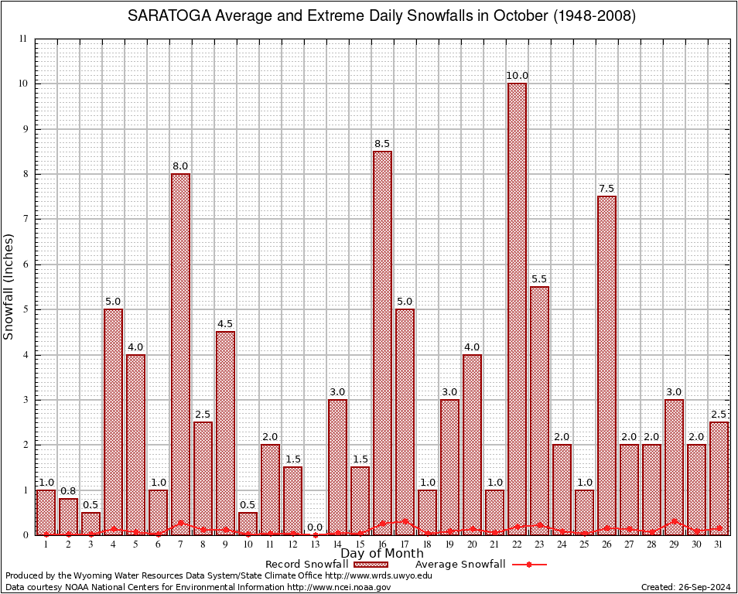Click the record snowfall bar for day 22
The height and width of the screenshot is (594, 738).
tap(517, 309)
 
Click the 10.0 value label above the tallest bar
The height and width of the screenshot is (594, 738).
tap(517, 76)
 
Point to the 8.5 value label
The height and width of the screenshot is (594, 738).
tap(382, 144)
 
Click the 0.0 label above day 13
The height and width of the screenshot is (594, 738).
tap(315, 527)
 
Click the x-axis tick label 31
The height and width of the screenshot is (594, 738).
tap(719, 544)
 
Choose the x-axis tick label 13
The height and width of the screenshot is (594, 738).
tap(315, 544)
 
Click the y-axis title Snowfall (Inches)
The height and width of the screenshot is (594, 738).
tap(9, 286)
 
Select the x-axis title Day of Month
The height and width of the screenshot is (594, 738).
tap(382, 554)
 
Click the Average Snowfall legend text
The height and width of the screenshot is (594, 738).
tap(460, 565)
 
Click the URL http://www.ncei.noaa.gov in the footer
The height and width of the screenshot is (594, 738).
tap(339, 587)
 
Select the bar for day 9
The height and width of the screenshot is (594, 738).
tap(225, 433)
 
